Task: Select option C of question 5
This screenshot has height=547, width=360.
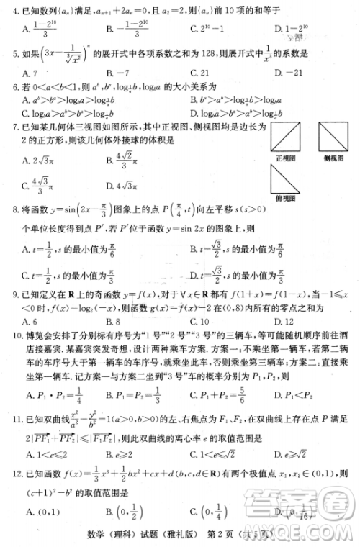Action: click(204, 73)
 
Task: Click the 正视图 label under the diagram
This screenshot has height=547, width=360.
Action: click(287, 156)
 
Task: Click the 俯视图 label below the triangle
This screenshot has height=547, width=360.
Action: click(287, 198)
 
